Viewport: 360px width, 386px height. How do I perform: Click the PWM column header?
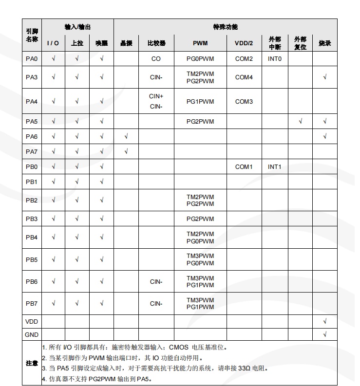[x=200, y=43]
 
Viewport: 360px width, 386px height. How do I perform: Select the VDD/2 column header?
[x=244, y=43]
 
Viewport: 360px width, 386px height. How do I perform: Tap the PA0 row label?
[x=32, y=59]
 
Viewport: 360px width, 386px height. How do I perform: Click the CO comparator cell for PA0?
[x=156, y=59]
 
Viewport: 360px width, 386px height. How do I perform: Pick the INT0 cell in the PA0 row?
[x=274, y=59]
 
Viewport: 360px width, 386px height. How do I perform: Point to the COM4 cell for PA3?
[x=244, y=77]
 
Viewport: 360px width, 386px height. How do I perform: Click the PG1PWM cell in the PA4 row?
[x=200, y=102]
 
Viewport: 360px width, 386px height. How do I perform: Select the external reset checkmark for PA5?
[x=300, y=121]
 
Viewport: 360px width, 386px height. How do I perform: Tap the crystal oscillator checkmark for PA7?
[x=126, y=151]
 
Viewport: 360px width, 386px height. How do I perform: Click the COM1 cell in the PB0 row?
[x=244, y=167]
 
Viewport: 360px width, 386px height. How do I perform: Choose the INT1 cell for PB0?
[x=274, y=167]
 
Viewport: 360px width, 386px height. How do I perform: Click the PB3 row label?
[x=32, y=219]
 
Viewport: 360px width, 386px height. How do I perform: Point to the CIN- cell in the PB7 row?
[x=156, y=304]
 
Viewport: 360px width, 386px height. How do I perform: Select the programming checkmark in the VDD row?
[x=324, y=322]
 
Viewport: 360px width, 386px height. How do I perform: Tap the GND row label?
[x=32, y=335]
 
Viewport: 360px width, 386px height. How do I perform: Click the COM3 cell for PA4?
[x=244, y=102]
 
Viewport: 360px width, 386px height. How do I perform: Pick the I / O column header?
[x=53, y=43]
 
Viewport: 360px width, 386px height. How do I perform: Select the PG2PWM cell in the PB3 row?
[x=200, y=219]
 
